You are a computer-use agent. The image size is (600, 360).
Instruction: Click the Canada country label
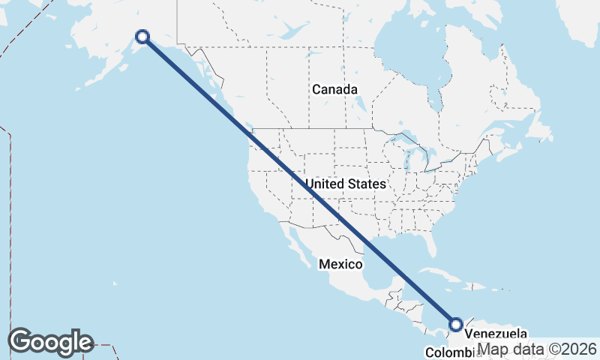pos(334,89)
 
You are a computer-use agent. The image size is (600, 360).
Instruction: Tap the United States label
pos(346,184)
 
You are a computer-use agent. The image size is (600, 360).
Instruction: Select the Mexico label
pos(340,264)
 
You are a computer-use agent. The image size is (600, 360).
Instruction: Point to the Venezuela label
pos(496,334)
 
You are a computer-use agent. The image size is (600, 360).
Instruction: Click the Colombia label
pos(448,352)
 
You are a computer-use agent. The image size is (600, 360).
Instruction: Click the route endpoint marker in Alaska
pos(142,36)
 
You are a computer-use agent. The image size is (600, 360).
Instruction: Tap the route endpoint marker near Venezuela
pos(456,325)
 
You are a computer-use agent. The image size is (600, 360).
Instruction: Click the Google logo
pos(50,342)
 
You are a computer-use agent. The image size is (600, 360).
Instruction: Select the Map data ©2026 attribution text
pos(537,349)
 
